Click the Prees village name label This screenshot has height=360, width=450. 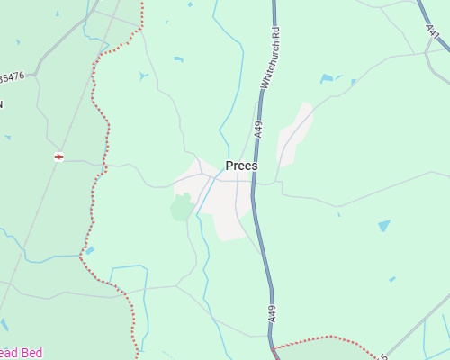point(241,166)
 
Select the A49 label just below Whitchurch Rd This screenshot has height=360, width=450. point(259,129)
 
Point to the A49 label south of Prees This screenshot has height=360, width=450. point(271,314)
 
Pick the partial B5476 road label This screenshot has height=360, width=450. point(13,78)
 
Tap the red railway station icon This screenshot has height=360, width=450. point(58,157)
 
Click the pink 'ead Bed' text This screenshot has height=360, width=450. point(21,353)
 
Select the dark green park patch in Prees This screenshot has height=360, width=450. point(182,208)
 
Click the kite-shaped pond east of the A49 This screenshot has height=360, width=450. point(384,225)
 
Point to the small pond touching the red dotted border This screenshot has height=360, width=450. point(89,251)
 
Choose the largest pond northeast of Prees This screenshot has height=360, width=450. point(326,78)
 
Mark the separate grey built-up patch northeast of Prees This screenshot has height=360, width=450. point(294,135)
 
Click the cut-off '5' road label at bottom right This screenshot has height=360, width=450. point(384,356)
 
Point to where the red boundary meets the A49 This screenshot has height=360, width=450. point(273,346)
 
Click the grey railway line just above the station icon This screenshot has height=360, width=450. point(67,135)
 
